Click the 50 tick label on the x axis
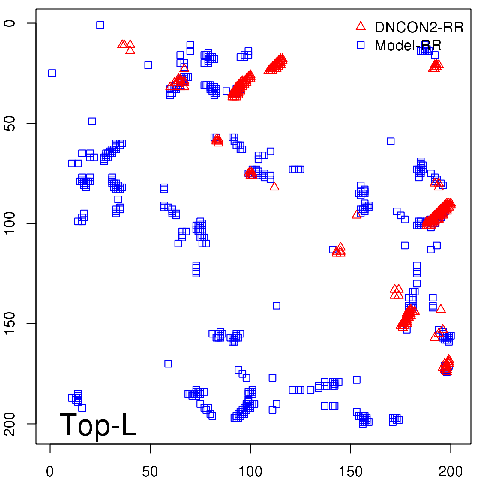click(150, 472)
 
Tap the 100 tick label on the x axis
click(250, 472)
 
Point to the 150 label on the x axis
click(350, 472)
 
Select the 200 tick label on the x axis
click(451, 472)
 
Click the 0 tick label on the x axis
click(50, 472)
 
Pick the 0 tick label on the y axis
click(10, 23)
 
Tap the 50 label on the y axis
click(10, 123)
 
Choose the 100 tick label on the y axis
click(10, 223)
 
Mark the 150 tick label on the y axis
click(10, 323)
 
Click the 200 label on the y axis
click(10, 424)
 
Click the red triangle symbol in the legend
click(361, 26)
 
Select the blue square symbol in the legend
click(361, 45)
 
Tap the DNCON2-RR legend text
click(419, 27)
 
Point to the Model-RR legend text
click(408, 46)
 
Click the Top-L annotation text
click(98, 425)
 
